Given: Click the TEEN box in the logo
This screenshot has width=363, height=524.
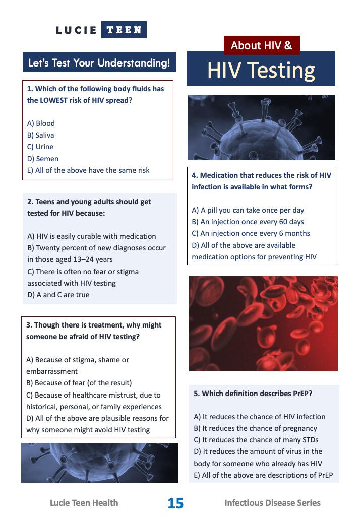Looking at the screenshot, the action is point(124,30).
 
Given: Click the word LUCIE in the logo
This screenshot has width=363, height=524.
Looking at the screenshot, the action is point(76,30).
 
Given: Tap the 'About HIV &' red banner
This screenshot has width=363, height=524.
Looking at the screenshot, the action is point(262,45).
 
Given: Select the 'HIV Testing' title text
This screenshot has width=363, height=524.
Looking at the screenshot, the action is point(261,70).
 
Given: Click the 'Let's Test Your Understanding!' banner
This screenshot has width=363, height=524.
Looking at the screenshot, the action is point(99,62).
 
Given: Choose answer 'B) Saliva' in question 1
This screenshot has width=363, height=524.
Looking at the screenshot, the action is point(40,135).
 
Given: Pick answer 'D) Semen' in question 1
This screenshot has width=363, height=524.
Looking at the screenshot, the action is point(43,159).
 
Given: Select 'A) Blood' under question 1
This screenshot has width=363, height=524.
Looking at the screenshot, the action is point(41,123).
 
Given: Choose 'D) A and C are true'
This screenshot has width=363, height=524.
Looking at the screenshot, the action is point(58,295).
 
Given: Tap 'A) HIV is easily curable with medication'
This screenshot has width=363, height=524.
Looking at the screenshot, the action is point(92,236).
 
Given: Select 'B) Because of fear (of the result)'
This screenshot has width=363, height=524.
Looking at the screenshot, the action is point(79,383).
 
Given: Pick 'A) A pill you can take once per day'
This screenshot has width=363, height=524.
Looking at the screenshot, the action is point(248,210).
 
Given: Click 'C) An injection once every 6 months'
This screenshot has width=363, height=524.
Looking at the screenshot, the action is point(251,233).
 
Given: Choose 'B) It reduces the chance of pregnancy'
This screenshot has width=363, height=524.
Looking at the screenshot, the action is point(256,428).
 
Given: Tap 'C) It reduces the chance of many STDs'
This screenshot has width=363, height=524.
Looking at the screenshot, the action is point(256,440).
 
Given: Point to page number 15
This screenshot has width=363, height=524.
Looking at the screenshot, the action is point(175,503).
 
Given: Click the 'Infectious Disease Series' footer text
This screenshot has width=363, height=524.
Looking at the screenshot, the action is point(272,503).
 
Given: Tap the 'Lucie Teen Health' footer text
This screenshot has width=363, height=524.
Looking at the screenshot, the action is point(84,503).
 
